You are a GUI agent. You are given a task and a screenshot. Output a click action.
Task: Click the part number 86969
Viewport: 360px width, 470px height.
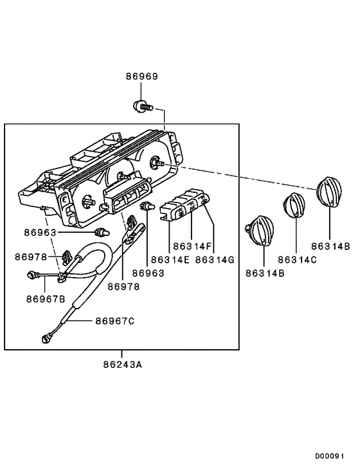(141, 77)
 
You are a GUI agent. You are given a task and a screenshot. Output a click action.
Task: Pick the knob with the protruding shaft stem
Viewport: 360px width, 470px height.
(262, 230)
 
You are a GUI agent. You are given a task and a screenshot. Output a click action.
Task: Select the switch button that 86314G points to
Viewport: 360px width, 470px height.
(203, 203)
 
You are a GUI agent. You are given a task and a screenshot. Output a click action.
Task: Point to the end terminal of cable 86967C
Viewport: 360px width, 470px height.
(46, 336)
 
